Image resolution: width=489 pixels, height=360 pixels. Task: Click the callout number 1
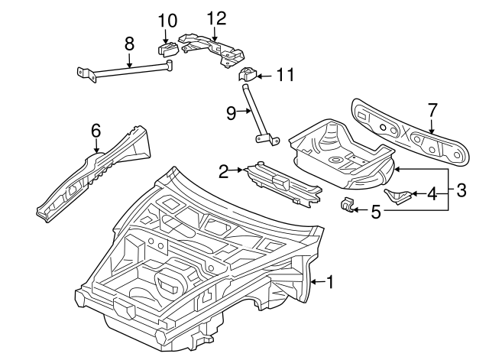330,282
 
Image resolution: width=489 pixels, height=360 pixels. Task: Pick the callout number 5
375,210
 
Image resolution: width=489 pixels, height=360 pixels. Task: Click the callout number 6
96,130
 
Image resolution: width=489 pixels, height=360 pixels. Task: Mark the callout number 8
128,44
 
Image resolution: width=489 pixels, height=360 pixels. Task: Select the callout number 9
232,112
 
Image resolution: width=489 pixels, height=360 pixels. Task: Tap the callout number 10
167,19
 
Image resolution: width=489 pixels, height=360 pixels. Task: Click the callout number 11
285,75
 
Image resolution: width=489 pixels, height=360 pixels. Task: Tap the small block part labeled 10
167,50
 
